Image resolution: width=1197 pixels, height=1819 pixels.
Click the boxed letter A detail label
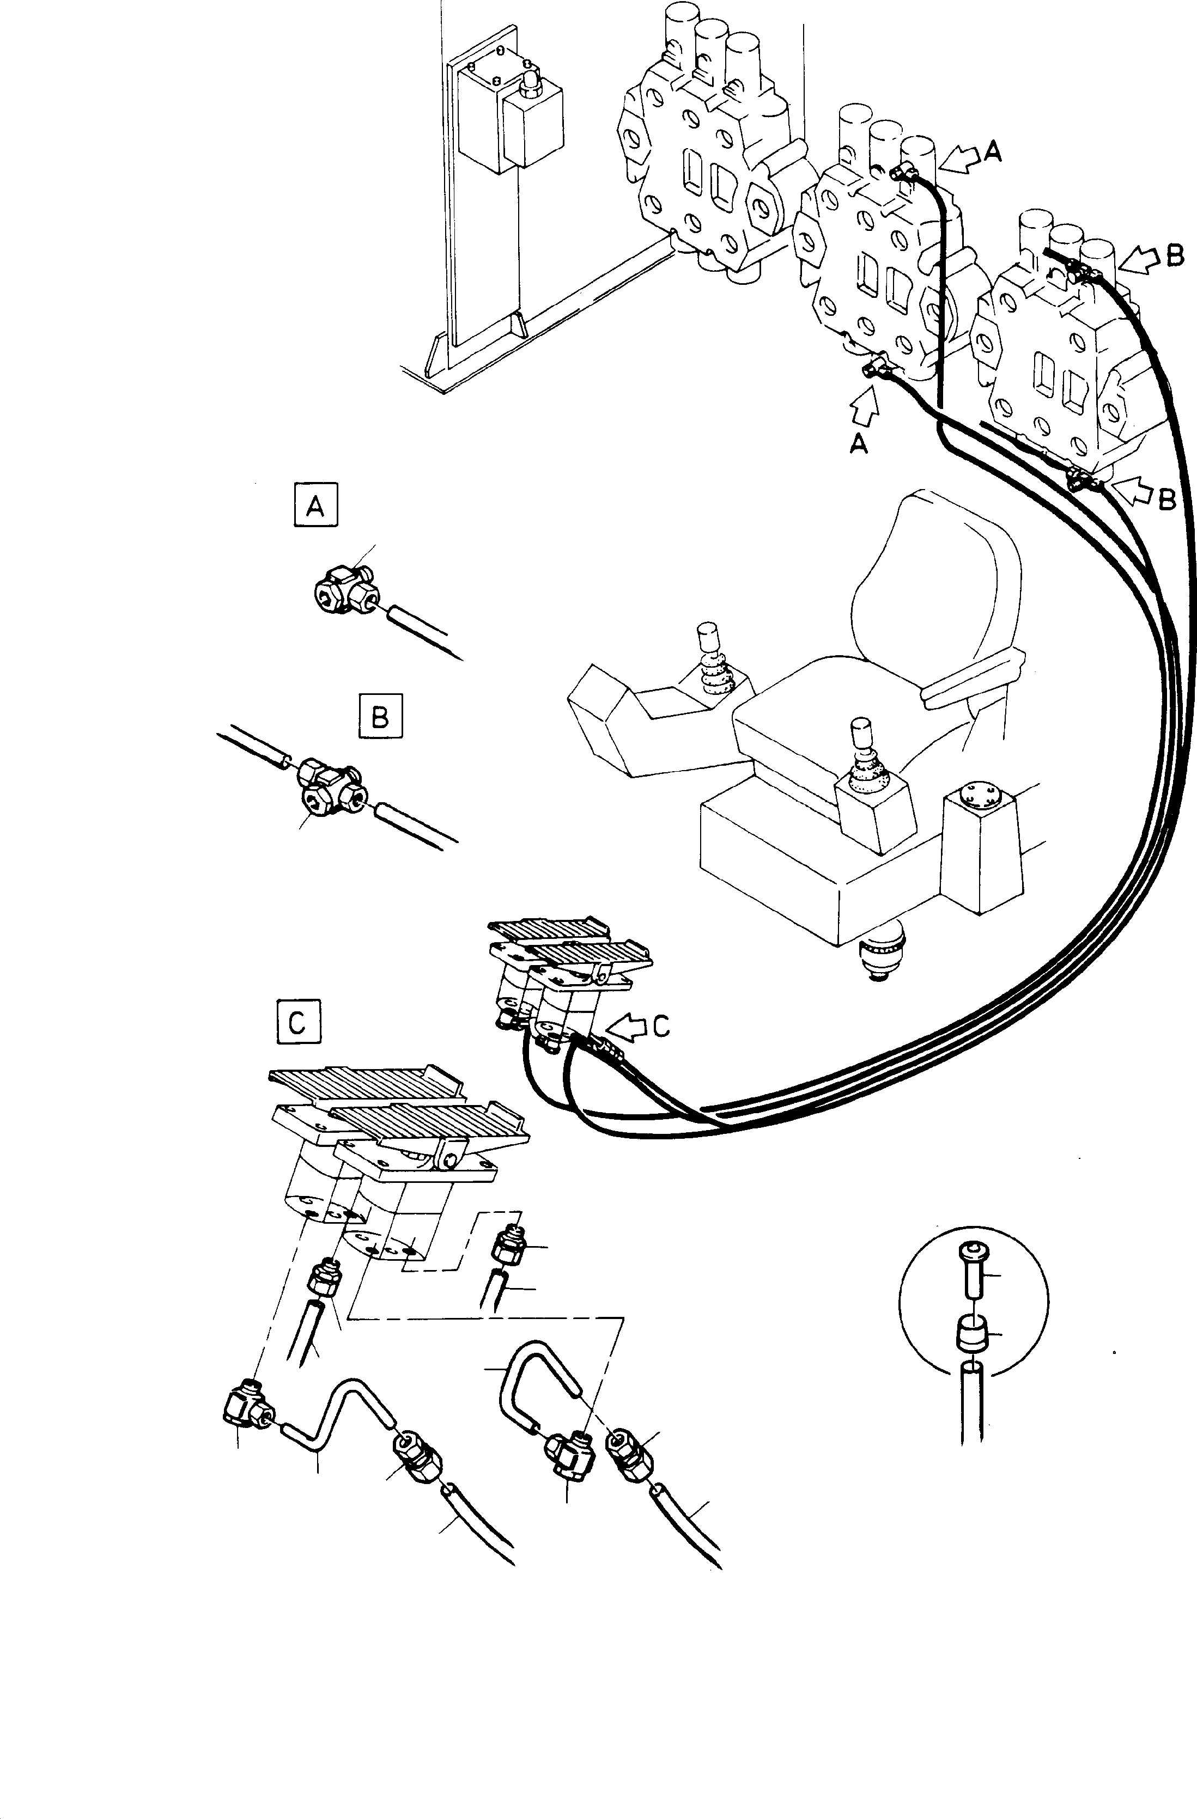[x=315, y=506]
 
